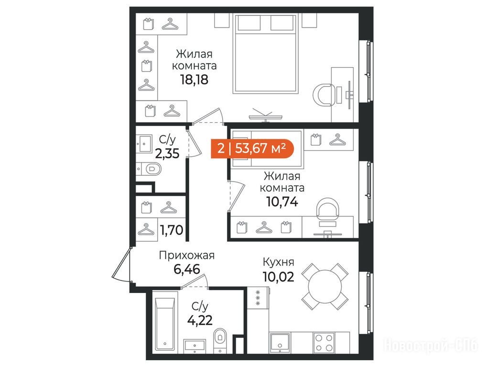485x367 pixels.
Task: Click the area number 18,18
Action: click(194, 79)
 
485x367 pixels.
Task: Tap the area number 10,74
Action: click(282, 202)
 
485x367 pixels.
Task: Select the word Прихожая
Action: click(186, 256)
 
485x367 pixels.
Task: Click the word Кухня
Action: click(279, 262)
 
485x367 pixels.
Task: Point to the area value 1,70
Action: click(172, 230)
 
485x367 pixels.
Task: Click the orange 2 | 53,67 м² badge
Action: click(252, 149)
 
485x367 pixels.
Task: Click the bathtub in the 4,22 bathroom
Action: click(165, 324)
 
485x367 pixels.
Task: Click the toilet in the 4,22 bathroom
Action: click(220, 338)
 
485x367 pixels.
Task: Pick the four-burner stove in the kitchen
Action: click(324, 342)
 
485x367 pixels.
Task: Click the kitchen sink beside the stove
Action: click(280, 343)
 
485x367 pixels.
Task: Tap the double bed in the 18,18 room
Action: click(265, 54)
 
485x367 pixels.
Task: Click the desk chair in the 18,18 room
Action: click(324, 95)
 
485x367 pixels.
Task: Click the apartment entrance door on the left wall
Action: click(122, 265)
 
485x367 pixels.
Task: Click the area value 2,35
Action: click(167, 153)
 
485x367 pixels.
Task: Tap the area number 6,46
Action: click(187, 269)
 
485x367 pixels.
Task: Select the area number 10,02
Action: click(279, 277)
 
